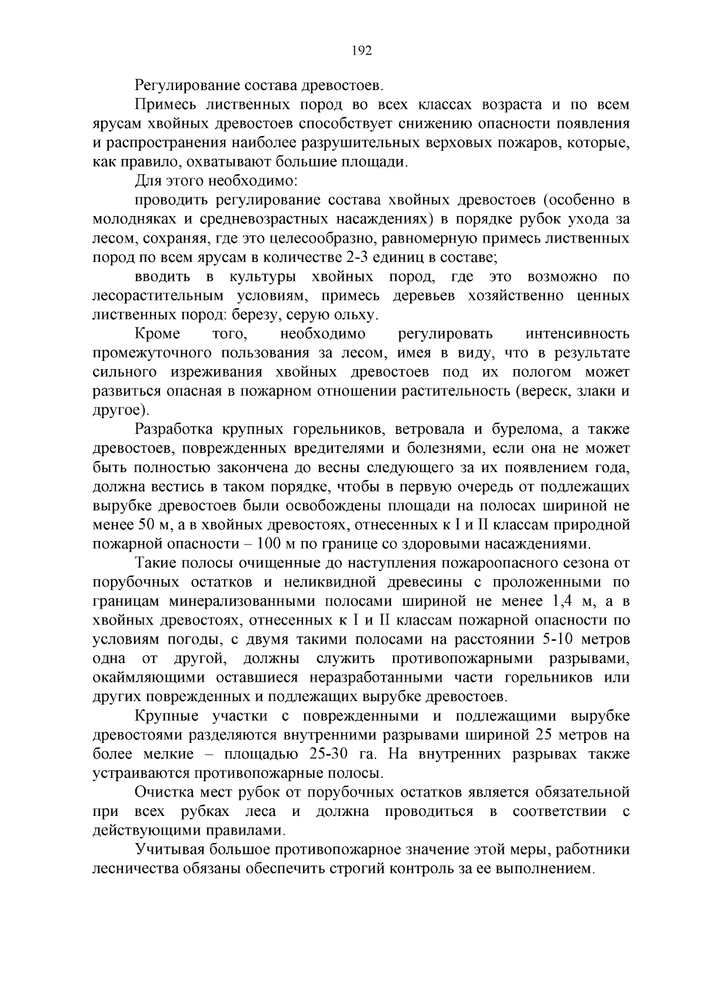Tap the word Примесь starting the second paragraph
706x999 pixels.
pos(166,105)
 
